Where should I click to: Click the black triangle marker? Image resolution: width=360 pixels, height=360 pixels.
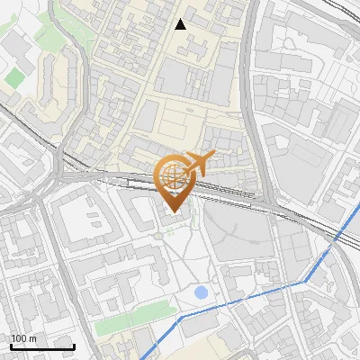point(180,24)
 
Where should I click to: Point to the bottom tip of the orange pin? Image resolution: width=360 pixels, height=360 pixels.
point(172,211)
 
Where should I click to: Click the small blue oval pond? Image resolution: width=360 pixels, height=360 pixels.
point(202,292)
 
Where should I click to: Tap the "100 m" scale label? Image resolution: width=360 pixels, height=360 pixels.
point(24,338)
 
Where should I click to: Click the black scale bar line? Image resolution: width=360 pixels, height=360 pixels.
point(42,346)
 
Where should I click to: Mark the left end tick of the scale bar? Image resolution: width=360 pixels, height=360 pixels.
point(11,345)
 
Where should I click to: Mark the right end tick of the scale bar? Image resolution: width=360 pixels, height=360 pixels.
point(74,345)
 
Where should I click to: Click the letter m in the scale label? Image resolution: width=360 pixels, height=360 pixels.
point(34,338)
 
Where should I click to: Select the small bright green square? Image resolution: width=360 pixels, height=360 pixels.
point(13,78)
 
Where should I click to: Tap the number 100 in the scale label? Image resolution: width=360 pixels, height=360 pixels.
point(19,338)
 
